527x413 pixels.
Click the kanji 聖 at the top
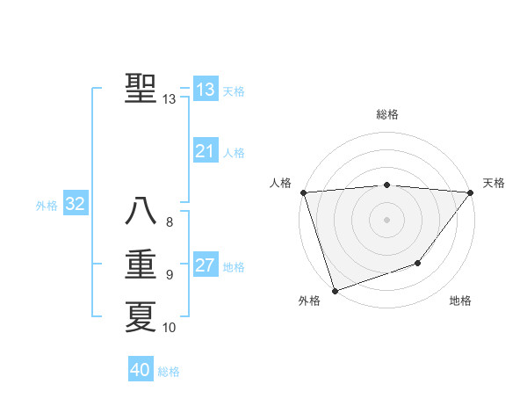coord(141,89)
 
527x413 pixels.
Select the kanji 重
coord(141,264)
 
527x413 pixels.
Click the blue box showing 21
coord(206,152)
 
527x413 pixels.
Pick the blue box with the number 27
coord(206,266)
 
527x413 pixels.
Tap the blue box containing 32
coord(76,205)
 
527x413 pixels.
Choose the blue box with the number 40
coord(141,370)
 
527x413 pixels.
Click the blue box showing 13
coord(206,90)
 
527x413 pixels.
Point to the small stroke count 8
coord(170,222)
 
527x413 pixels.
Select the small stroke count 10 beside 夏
coord(170,328)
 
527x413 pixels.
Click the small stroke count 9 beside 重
coord(170,275)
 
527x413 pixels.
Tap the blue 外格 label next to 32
coord(47,206)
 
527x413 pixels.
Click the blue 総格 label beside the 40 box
coord(169,372)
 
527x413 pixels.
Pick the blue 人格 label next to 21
coord(234,153)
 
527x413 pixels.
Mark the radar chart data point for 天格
coord(471,192)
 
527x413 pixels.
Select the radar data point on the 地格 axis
coord(418,263)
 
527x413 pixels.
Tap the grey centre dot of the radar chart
coord(386,219)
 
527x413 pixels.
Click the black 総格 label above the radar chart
coord(386,114)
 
